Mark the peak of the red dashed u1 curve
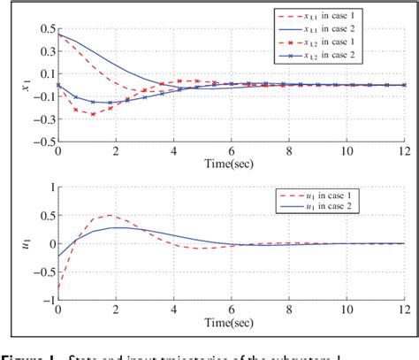(111, 216)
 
